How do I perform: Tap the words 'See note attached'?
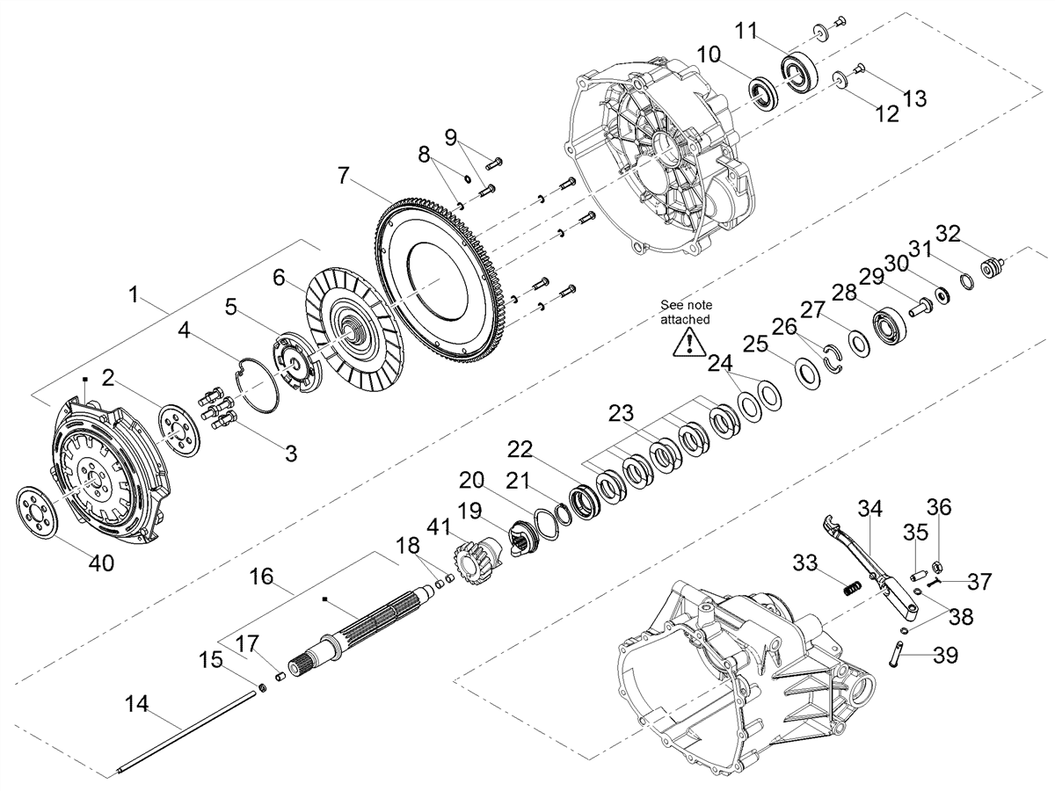click(x=686, y=312)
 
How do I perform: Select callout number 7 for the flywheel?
click(x=342, y=176)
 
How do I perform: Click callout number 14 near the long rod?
click(x=137, y=705)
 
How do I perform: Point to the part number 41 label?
click(x=439, y=527)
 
